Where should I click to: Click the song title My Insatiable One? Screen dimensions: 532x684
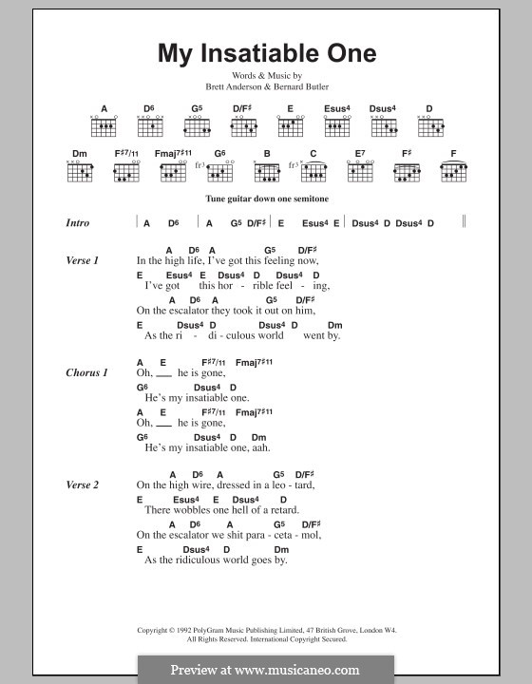coord(266,52)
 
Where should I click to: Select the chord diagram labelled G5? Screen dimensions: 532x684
coord(198,125)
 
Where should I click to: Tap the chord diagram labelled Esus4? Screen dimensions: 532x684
coord(335,125)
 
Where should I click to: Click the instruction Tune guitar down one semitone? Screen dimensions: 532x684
coord(265,199)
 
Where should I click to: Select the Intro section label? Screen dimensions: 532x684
coord(78,223)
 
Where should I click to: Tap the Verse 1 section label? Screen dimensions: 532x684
coord(83,259)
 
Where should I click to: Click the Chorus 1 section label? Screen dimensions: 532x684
coord(86,372)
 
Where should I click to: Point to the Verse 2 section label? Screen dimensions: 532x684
coord(83,484)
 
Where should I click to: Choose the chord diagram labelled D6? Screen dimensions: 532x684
coord(150,125)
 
